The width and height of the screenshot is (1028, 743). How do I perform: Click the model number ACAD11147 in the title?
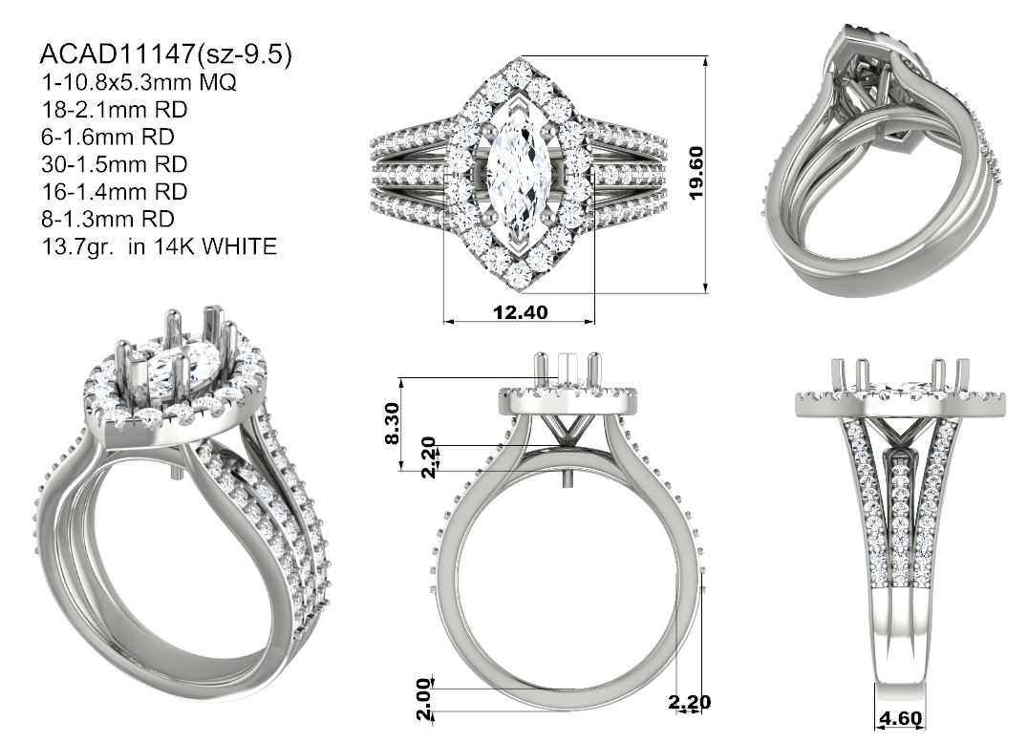click(118, 53)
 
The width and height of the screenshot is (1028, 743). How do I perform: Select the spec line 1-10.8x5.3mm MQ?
click(139, 82)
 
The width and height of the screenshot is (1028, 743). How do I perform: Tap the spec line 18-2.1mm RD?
click(115, 110)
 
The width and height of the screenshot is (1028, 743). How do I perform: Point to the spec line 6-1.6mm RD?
click(108, 137)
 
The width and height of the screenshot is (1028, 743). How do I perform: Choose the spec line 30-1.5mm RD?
click(115, 164)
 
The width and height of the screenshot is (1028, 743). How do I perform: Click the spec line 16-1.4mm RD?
click(115, 192)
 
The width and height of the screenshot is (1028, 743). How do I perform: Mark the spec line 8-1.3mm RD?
click(108, 220)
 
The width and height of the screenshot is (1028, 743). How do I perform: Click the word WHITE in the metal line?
click(239, 247)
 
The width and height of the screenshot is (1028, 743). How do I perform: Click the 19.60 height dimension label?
click(696, 173)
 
